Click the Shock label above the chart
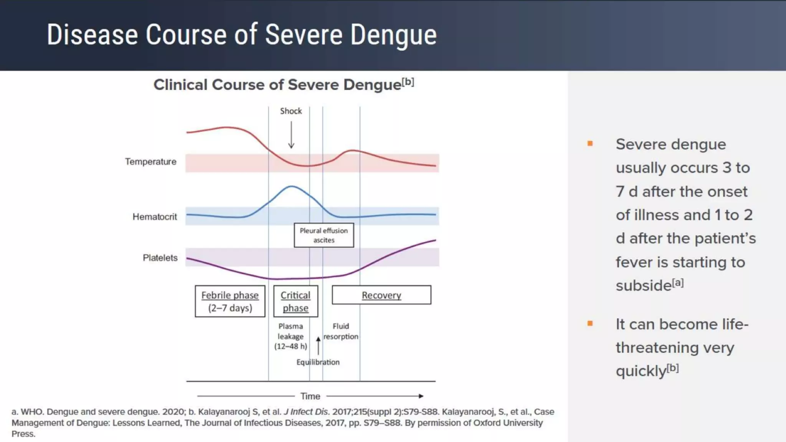291,111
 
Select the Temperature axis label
150,162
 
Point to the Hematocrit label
155,217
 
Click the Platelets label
160,258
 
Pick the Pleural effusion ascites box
324,235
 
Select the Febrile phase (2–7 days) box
230,301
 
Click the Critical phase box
296,301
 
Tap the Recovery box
381,295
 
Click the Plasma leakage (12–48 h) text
291,336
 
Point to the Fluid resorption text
340,331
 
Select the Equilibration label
318,362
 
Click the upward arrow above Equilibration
318,345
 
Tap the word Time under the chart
310,396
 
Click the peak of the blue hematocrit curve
292,186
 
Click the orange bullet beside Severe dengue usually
590,144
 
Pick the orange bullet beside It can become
590,323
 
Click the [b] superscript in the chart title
408,82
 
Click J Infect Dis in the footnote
306,412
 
